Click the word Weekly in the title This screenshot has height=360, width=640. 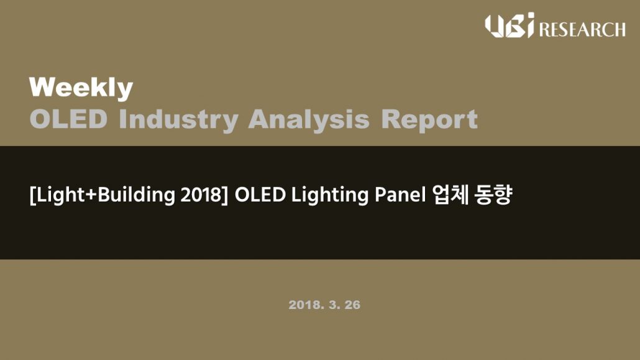pos(81,88)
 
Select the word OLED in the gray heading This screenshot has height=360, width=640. pos(68,119)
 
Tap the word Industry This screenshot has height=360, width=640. pos(179,120)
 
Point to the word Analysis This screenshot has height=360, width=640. pos(309,120)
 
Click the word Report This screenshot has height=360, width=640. pos(429,120)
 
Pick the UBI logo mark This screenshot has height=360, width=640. pos(510,25)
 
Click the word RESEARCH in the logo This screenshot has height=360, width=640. pos(582,30)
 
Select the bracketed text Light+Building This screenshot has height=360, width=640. pos(103,195)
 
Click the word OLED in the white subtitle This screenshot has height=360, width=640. pos(260,195)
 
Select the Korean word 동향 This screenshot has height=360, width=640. pos(493,195)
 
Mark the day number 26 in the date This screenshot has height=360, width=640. pos(352,305)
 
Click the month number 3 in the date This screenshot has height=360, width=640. pos(334,305)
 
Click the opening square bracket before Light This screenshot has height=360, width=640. pos(32,195)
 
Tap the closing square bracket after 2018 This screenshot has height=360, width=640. pos(225,195)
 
